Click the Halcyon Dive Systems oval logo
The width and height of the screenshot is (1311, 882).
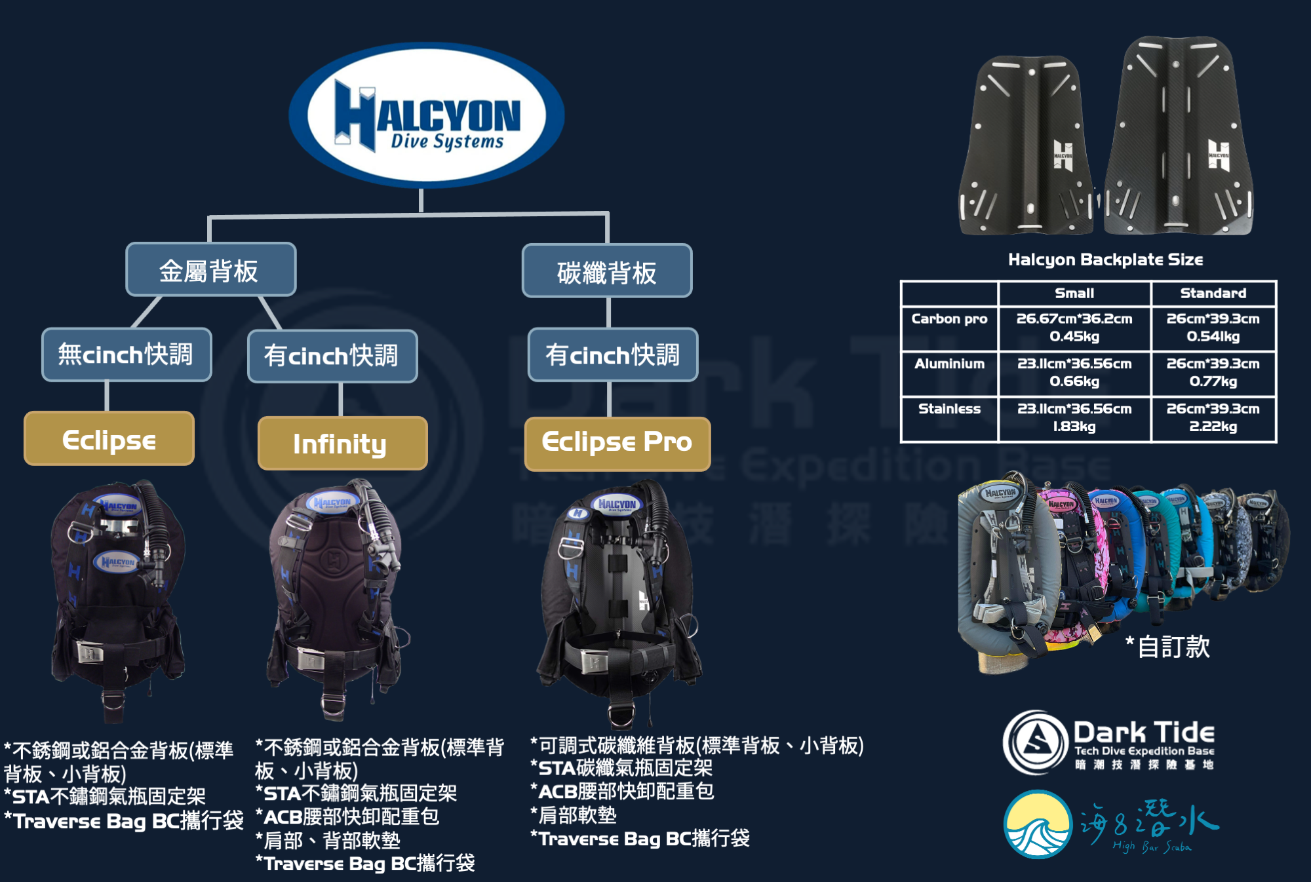pos(427,115)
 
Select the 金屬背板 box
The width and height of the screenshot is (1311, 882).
pos(210,269)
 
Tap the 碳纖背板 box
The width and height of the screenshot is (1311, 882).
pos(607,271)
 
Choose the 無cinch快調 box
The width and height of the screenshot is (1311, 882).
pos(127,355)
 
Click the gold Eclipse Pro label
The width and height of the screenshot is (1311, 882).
pos(617,443)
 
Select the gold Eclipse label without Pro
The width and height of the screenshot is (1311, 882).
pos(109,439)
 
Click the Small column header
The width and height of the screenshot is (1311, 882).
pos(1074,293)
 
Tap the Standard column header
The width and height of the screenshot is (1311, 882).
pos(1213,293)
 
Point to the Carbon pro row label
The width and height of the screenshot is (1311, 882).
pos(949,319)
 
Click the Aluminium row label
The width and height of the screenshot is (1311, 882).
pos(949,364)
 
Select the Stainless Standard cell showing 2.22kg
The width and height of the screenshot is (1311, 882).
pos(1213,418)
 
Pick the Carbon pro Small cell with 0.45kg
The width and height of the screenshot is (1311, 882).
pos(1074,328)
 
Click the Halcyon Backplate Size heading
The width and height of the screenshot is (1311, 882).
pos(1105,259)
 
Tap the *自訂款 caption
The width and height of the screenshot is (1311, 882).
pos(1168,647)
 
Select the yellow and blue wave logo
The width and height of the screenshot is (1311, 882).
pos(1038,824)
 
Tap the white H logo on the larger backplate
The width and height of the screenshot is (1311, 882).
pos(1219,155)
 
